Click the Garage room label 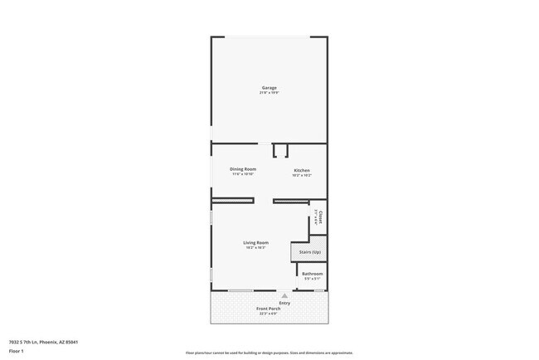[x=269, y=88]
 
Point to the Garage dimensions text [x=269, y=93]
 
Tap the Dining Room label [x=243, y=169]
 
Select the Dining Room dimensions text [x=243, y=174]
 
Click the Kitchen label [x=302, y=170]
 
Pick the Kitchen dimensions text [x=302, y=175]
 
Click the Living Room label [x=255, y=242]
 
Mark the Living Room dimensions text [x=255, y=247]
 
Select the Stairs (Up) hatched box [x=305, y=251]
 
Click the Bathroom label [x=312, y=274]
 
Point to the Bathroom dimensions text [x=312, y=279]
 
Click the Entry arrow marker [x=284, y=294]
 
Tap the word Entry [x=284, y=303]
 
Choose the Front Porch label [x=268, y=309]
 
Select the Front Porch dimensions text [x=268, y=314]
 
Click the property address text [x=42, y=341]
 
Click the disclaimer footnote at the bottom [x=268, y=353]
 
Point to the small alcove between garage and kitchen [x=280, y=150]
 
